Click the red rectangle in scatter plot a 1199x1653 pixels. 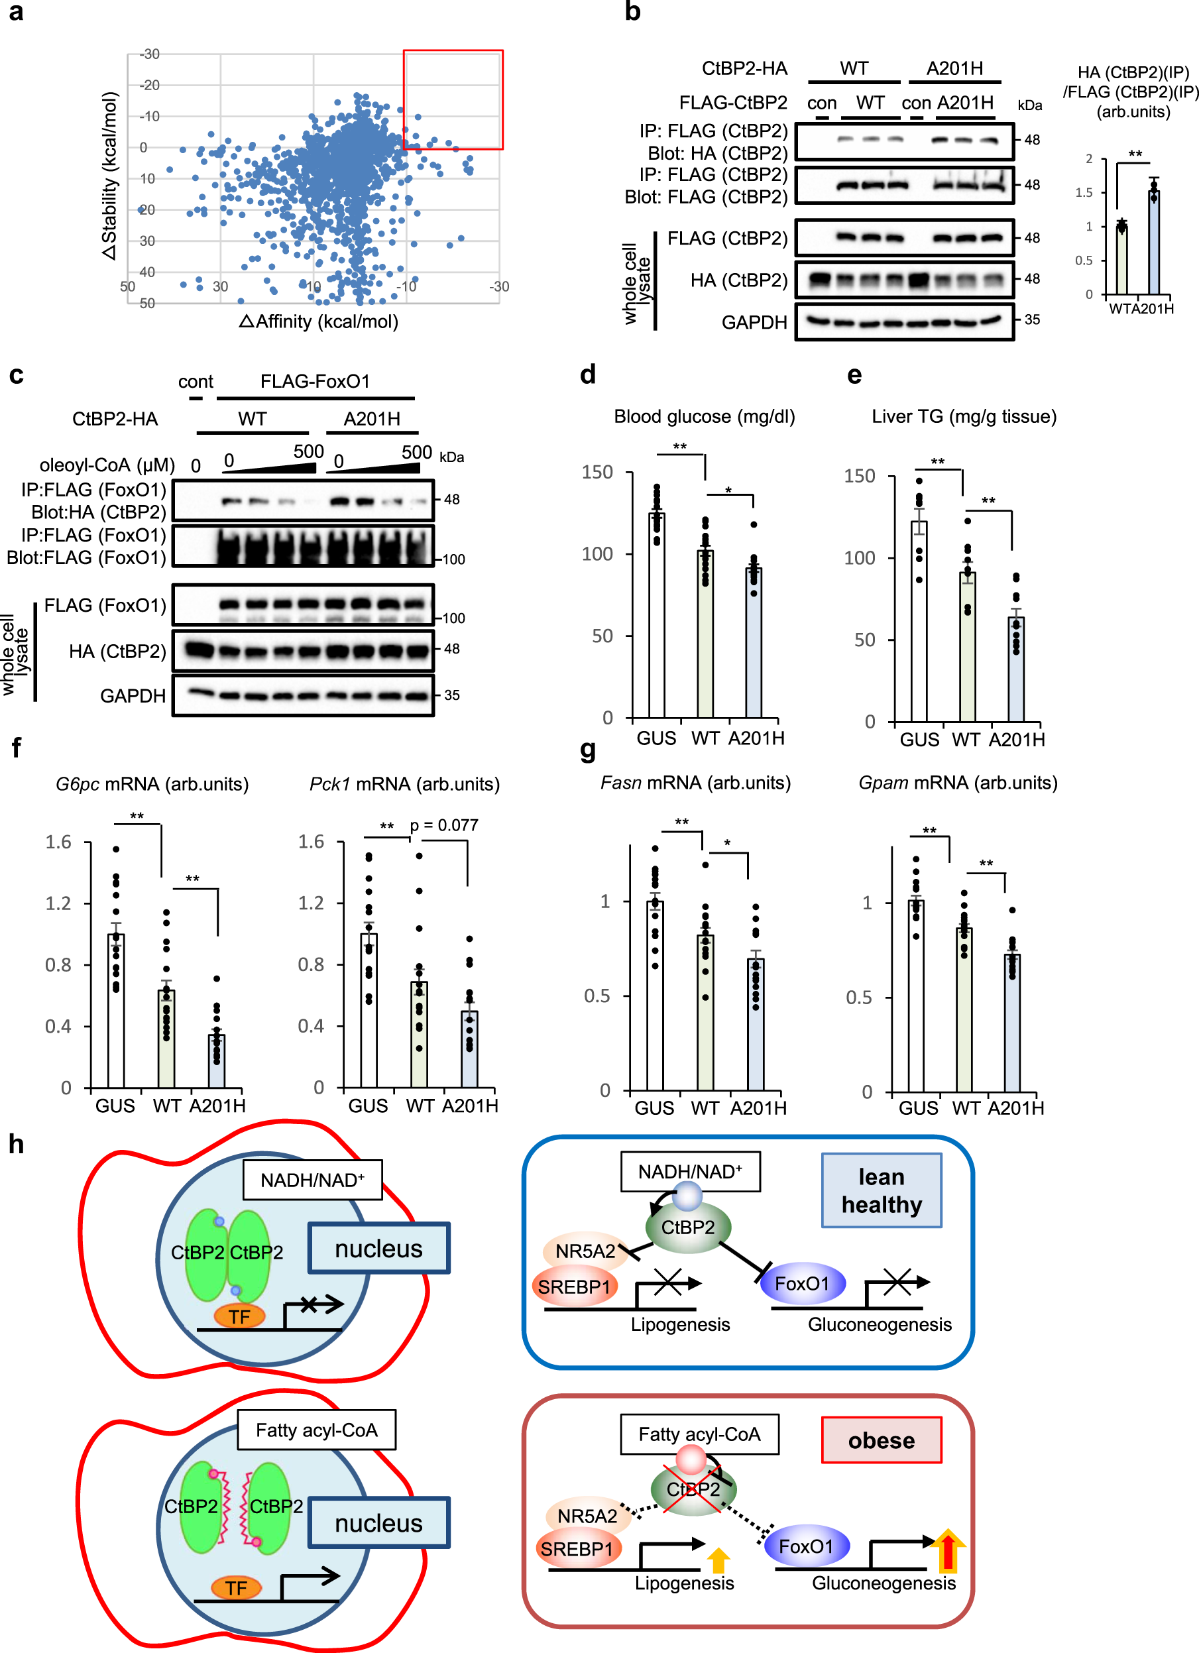tap(453, 100)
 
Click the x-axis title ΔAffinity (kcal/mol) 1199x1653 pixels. tap(319, 321)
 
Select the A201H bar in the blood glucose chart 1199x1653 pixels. tap(754, 642)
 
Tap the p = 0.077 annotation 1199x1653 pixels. tap(444, 825)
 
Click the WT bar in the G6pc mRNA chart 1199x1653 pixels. tap(166, 1038)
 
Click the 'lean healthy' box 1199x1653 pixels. tap(882, 1190)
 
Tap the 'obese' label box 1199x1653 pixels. tap(882, 1440)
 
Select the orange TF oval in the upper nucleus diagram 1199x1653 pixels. tap(239, 1316)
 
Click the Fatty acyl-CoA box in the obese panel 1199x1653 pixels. tap(699, 1434)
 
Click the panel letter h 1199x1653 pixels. tap(16, 1144)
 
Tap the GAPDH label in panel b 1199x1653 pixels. tap(754, 322)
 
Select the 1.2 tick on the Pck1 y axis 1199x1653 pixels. tap(312, 903)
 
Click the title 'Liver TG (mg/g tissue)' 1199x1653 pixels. tap(964, 416)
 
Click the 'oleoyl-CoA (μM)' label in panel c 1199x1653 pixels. tap(107, 465)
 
